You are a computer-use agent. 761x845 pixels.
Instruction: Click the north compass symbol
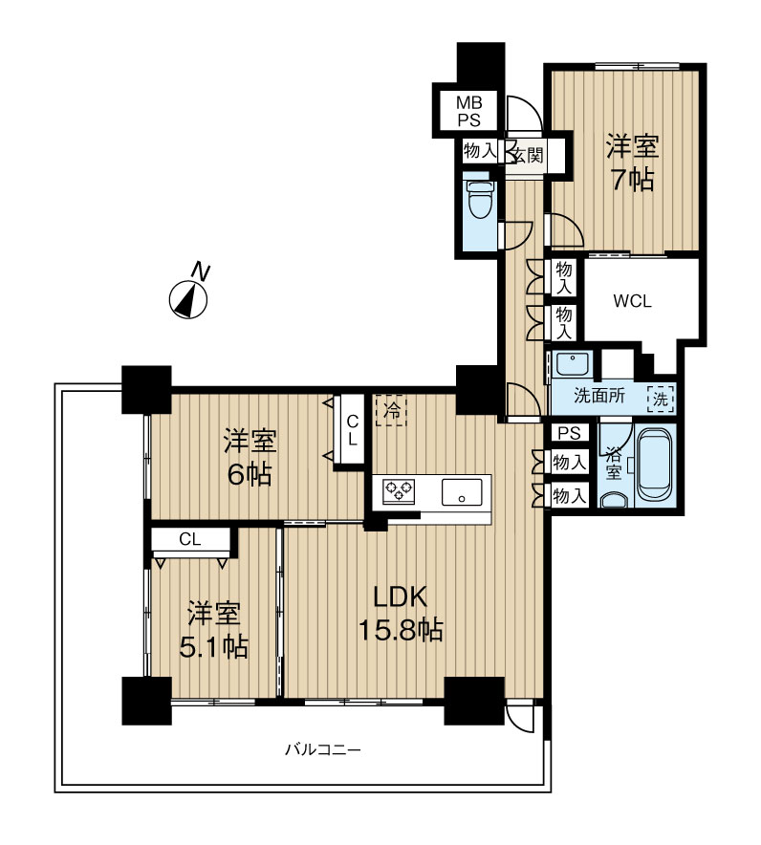[188, 300]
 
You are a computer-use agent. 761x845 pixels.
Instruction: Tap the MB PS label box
[468, 111]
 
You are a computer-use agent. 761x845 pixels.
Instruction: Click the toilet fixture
[480, 200]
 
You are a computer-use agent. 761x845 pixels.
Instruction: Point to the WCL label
[633, 301]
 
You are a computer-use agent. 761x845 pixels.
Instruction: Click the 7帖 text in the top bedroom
[633, 180]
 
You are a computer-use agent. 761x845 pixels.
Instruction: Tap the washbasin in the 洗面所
[573, 364]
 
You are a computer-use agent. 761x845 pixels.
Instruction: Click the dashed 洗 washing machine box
[661, 400]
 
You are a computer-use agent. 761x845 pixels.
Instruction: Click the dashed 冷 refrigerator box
[391, 411]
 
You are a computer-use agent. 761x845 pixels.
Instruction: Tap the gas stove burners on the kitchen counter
[399, 491]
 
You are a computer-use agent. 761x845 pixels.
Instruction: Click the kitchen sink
[462, 492]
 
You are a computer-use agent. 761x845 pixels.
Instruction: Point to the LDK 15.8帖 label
[401, 614]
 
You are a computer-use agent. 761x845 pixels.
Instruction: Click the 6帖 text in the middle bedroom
[250, 474]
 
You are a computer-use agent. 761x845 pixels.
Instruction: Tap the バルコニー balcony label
[323, 749]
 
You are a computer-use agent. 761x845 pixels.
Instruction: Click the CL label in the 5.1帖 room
[189, 539]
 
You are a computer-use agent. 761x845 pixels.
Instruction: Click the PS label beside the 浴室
[569, 433]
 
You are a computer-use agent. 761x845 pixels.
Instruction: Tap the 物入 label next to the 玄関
[480, 150]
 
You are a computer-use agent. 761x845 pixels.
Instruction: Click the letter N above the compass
[201, 271]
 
